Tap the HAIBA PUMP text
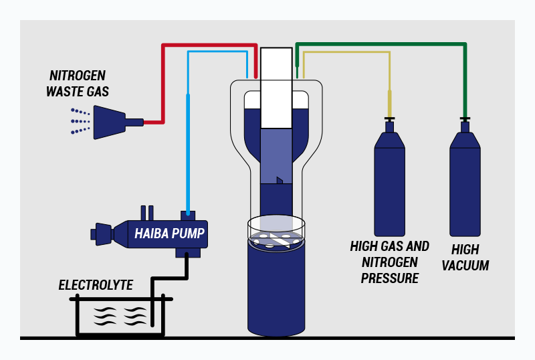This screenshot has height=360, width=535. coord(169,234)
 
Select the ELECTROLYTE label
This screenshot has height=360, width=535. coord(96,286)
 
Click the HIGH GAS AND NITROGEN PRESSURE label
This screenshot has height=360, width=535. coord(390,262)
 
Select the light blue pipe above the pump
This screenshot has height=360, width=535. coord(189,134)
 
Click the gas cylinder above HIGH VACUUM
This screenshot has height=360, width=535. coord(465,181)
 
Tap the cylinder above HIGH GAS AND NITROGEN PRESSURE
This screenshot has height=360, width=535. coord(389,181)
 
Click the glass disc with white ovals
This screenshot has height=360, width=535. coord(276,231)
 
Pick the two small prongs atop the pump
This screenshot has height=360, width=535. coord(147,212)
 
